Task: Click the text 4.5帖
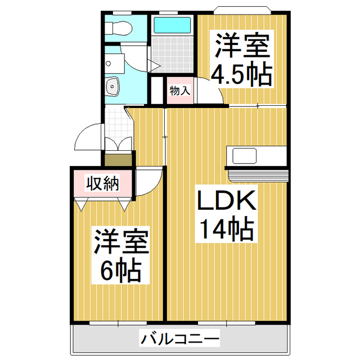tap(241, 74)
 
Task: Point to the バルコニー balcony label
tap(179, 339)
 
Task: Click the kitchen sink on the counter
tap(242, 155)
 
